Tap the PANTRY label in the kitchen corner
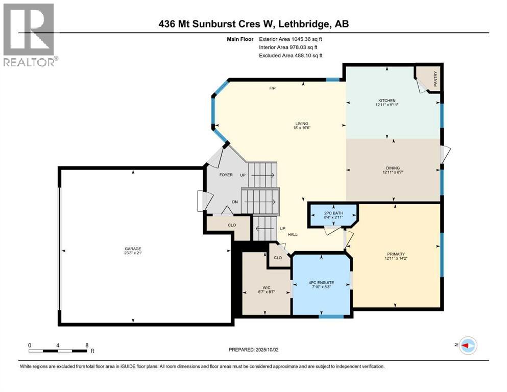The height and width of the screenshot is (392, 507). tap(436, 82)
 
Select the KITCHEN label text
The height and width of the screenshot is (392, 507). tap(387, 100)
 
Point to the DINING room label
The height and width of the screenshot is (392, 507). tap(393, 168)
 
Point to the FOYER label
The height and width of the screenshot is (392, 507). tap(226, 175)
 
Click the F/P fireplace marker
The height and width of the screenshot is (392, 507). tap(272, 88)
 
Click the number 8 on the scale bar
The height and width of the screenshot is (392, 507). tap(87, 345)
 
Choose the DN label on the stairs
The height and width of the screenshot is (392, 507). tap(235, 202)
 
